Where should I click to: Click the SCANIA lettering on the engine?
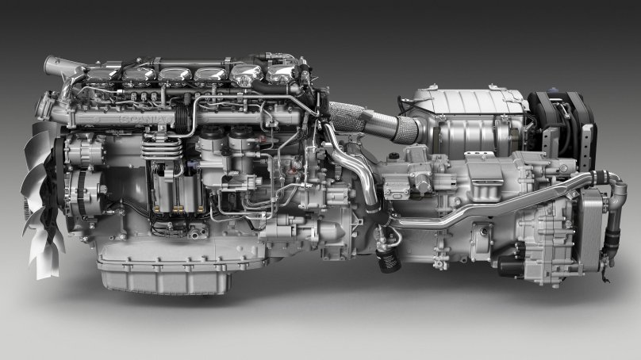pyautogui.click(x=143, y=118)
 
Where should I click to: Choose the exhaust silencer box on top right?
pyautogui.click(x=464, y=119)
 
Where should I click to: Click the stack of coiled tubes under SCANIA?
pyautogui.click(x=157, y=147)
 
